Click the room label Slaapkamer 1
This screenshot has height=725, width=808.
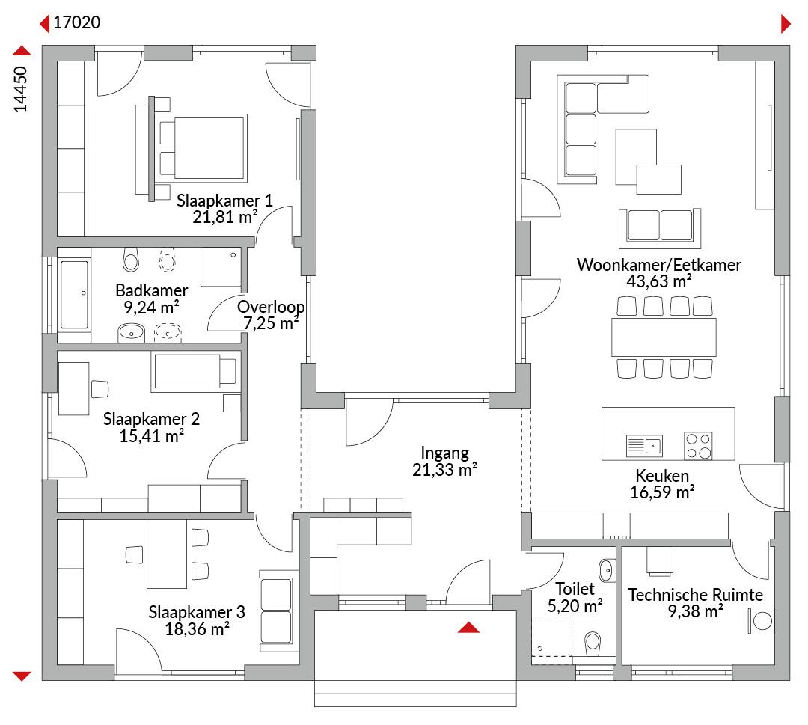tap(224, 201)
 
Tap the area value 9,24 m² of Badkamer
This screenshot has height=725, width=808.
tap(151, 308)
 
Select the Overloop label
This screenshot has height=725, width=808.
tap(271, 307)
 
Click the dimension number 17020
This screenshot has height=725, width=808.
tap(77, 22)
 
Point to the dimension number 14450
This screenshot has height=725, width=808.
tap(20, 89)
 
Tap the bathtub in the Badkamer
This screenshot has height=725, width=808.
tap(74, 295)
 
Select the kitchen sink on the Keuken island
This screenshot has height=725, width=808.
tap(644, 446)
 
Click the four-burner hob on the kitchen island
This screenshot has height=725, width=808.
tap(698, 446)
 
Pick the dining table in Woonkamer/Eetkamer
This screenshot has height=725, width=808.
tap(664, 337)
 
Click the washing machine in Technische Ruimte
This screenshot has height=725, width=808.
tap(762, 621)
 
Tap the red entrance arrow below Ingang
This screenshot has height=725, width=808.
tap(468, 627)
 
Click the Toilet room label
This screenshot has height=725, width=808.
tap(575, 589)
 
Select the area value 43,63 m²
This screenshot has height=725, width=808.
tap(659, 281)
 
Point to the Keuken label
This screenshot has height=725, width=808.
tap(662, 475)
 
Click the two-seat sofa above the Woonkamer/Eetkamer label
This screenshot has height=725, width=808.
tap(660, 227)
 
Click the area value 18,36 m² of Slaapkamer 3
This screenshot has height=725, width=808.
tap(198, 629)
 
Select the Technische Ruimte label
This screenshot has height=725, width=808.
tap(695, 595)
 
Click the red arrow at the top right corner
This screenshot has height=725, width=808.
tap(786, 24)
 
